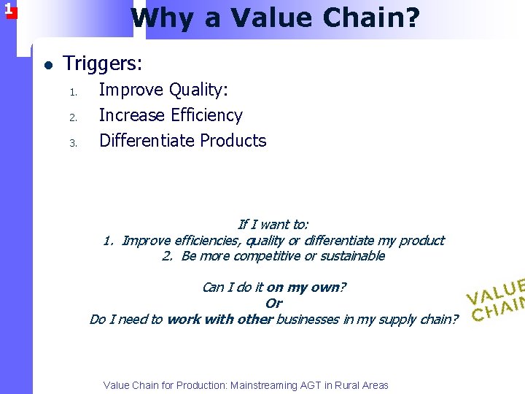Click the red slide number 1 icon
pyautogui.click(x=8, y=9)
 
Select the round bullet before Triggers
pyautogui.click(x=48, y=65)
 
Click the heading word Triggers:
pyautogui.click(x=103, y=64)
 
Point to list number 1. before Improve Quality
pyautogui.click(x=73, y=92)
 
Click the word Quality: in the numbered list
pyautogui.click(x=199, y=90)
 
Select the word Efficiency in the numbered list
pyautogui.click(x=206, y=115)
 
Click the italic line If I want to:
pyautogui.click(x=273, y=225)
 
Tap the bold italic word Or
pyautogui.click(x=273, y=304)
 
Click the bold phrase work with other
pyautogui.click(x=219, y=320)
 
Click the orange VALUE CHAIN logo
pyautogui.click(x=497, y=299)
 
